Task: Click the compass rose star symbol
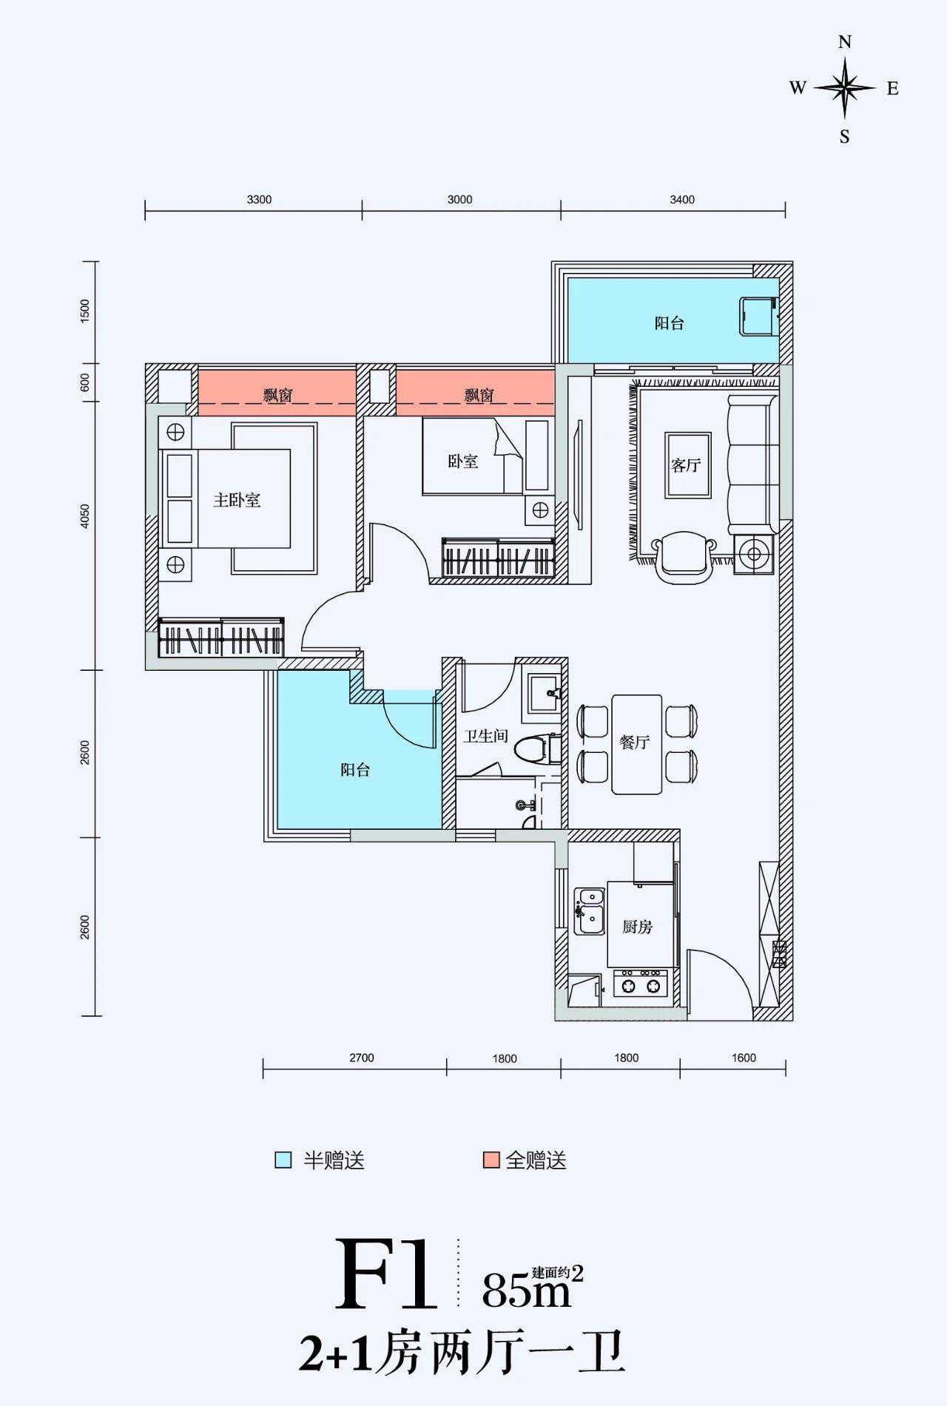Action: (845, 88)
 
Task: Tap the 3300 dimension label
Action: (259, 200)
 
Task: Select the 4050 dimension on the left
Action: (85, 516)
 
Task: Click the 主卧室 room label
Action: (237, 500)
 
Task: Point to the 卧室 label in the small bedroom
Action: (463, 462)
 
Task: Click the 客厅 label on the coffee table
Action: (686, 465)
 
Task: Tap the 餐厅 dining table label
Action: (635, 742)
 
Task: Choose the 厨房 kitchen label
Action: (637, 927)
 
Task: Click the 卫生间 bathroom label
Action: (485, 736)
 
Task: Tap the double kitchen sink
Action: (590, 910)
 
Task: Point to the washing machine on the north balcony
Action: (758, 317)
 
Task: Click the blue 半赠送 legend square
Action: (283, 1160)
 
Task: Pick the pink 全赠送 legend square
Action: (491, 1160)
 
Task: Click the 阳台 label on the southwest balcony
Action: (355, 770)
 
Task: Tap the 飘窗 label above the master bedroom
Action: (277, 395)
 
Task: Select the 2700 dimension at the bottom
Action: (362, 1058)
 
